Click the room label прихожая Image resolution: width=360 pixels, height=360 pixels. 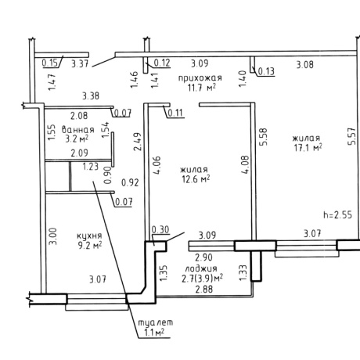200,78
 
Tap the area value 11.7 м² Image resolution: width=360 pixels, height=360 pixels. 201,88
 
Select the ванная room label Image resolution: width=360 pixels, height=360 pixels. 78,130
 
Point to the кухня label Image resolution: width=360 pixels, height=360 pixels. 89,236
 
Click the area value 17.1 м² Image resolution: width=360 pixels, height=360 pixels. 308,148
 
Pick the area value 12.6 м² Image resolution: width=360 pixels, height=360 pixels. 196,179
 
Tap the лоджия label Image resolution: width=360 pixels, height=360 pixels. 201,268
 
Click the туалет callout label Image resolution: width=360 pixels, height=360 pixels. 155,322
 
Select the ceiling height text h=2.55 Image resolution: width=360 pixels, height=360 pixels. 337,214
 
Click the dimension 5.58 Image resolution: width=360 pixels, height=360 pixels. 263,137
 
